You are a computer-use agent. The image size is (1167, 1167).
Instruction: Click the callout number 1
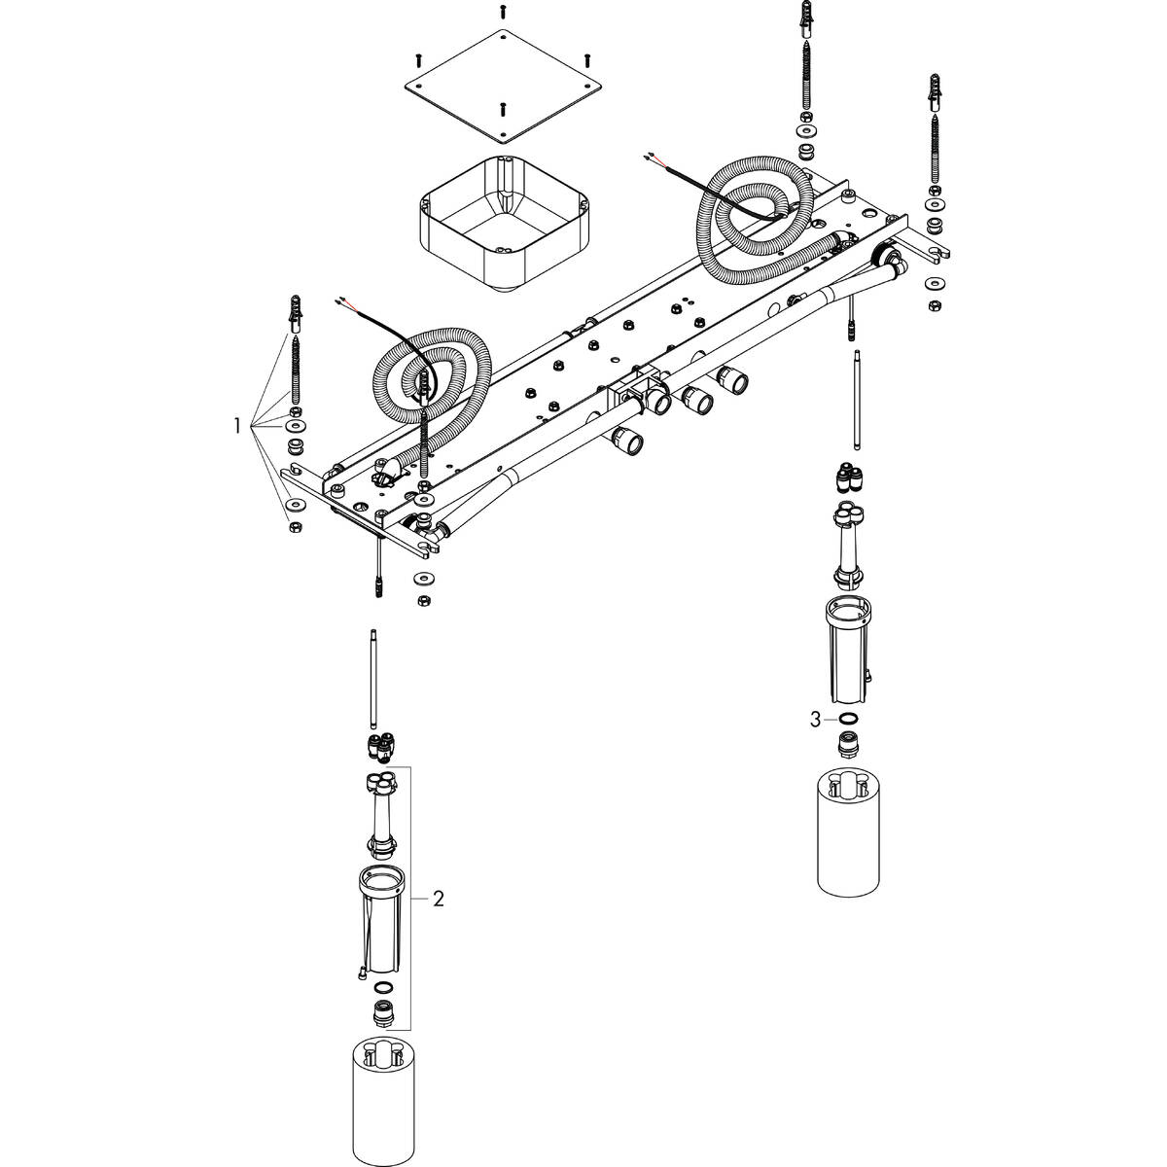click(235, 425)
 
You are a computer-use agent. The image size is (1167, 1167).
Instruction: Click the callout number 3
click(815, 720)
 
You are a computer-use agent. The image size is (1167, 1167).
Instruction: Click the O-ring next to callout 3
click(849, 720)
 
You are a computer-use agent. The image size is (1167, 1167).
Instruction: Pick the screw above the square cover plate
click(503, 11)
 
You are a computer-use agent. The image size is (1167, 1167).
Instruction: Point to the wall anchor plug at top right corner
click(937, 90)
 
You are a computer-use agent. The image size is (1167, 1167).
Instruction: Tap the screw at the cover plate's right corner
click(587, 58)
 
